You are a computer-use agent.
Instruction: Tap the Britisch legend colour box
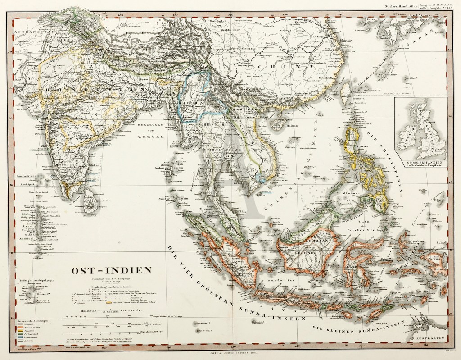click(20, 324)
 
